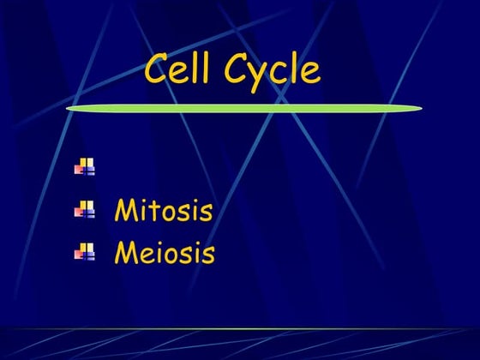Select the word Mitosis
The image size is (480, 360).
point(163,210)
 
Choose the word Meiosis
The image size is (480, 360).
point(165,253)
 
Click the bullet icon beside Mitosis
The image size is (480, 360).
point(85,209)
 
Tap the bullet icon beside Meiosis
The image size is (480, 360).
point(85,251)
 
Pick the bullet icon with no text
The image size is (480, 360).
point(85,166)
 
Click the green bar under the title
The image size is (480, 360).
point(244,109)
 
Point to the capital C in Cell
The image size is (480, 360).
point(157,69)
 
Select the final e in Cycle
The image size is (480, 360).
point(309,72)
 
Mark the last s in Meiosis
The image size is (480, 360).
point(207,255)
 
